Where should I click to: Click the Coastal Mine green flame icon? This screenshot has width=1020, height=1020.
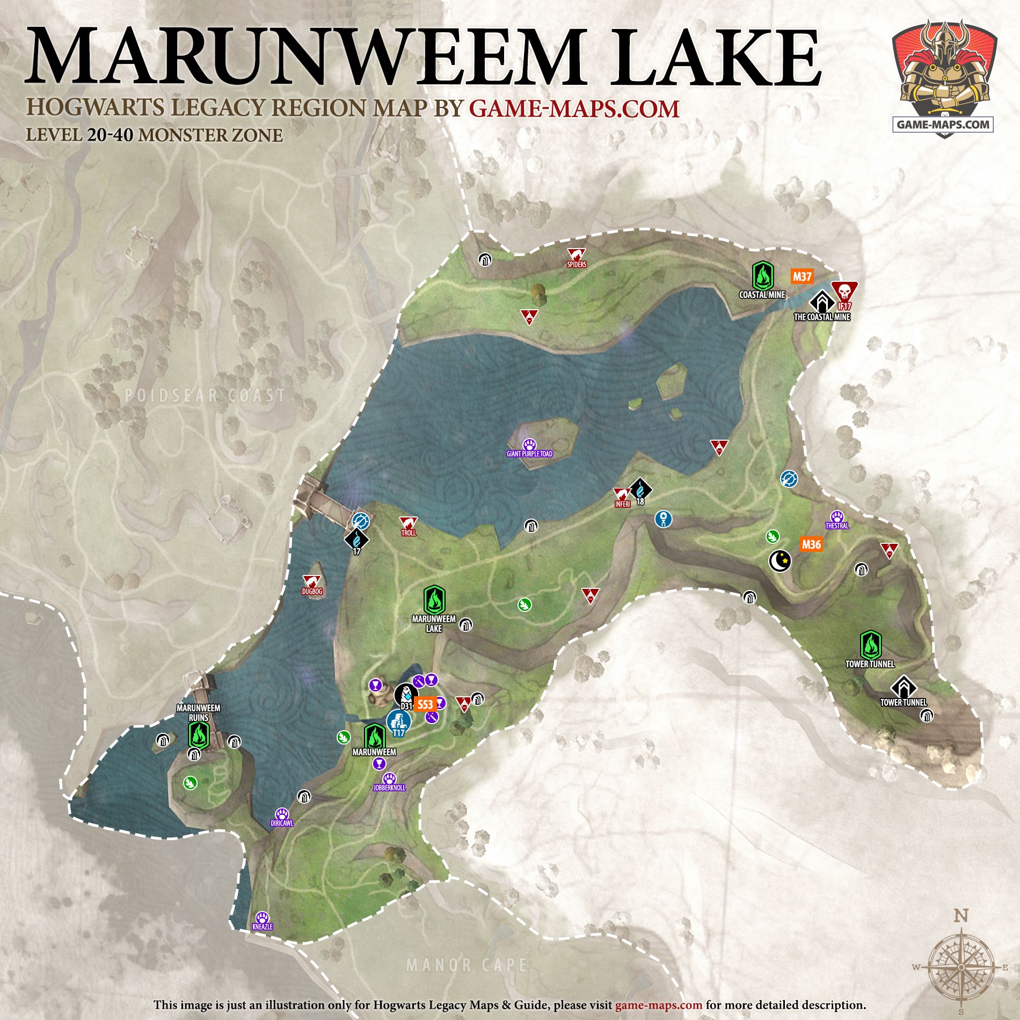pyautogui.click(x=762, y=275)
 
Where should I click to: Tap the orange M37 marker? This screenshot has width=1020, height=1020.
pyautogui.click(x=802, y=276)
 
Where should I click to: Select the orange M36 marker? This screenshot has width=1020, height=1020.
pyautogui.click(x=811, y=544)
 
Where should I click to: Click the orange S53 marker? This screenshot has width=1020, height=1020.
pyautogui.click(x=425, y=705)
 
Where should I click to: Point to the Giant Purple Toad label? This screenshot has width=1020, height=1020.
pyautogui.click(x=529, y=454)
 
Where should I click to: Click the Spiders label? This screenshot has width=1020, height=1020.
pyautogui.click(x=577, y=264)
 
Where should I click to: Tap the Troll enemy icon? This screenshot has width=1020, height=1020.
pyautogui.click(x=409, y=523)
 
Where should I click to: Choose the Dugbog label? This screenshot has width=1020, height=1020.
pyautogui.click(x=312, y=591)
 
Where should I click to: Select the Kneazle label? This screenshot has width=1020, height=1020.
pyautogui.click(x=263, y=927)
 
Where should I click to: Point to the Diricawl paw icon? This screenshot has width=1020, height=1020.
pyautogui.click(x=282, y=814)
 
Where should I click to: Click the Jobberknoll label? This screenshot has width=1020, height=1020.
pyautogui.click(x=389, y=788)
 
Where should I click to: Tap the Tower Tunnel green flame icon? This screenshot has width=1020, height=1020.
pyautogui.click(x=870, y=645)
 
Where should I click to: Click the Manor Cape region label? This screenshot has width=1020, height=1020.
pyautogui.click(x=466, y=965)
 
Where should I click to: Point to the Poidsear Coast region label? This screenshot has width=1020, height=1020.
pyautogui.click(x=205, y=396)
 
